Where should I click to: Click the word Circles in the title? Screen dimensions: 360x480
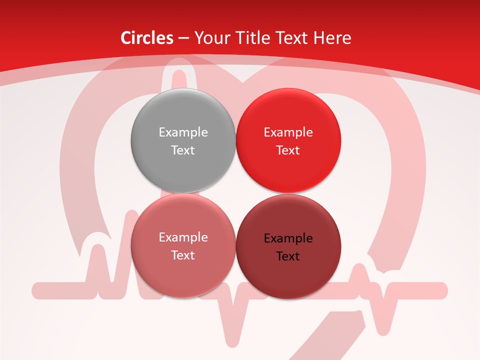pos(147,38)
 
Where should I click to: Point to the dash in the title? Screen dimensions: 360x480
pos(183,38)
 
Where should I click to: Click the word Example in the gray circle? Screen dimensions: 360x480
pos(183,132)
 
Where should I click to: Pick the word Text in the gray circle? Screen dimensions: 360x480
pos(183,150)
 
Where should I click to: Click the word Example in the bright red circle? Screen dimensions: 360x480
pos(288,132)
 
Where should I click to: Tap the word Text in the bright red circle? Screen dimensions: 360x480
pos(288,150)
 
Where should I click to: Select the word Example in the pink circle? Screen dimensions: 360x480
pos(183,237)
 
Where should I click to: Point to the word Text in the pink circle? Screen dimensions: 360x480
pos(183,255)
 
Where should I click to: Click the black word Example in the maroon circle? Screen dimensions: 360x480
pos(288,238)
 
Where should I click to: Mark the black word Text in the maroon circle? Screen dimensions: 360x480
pos(288,256)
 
